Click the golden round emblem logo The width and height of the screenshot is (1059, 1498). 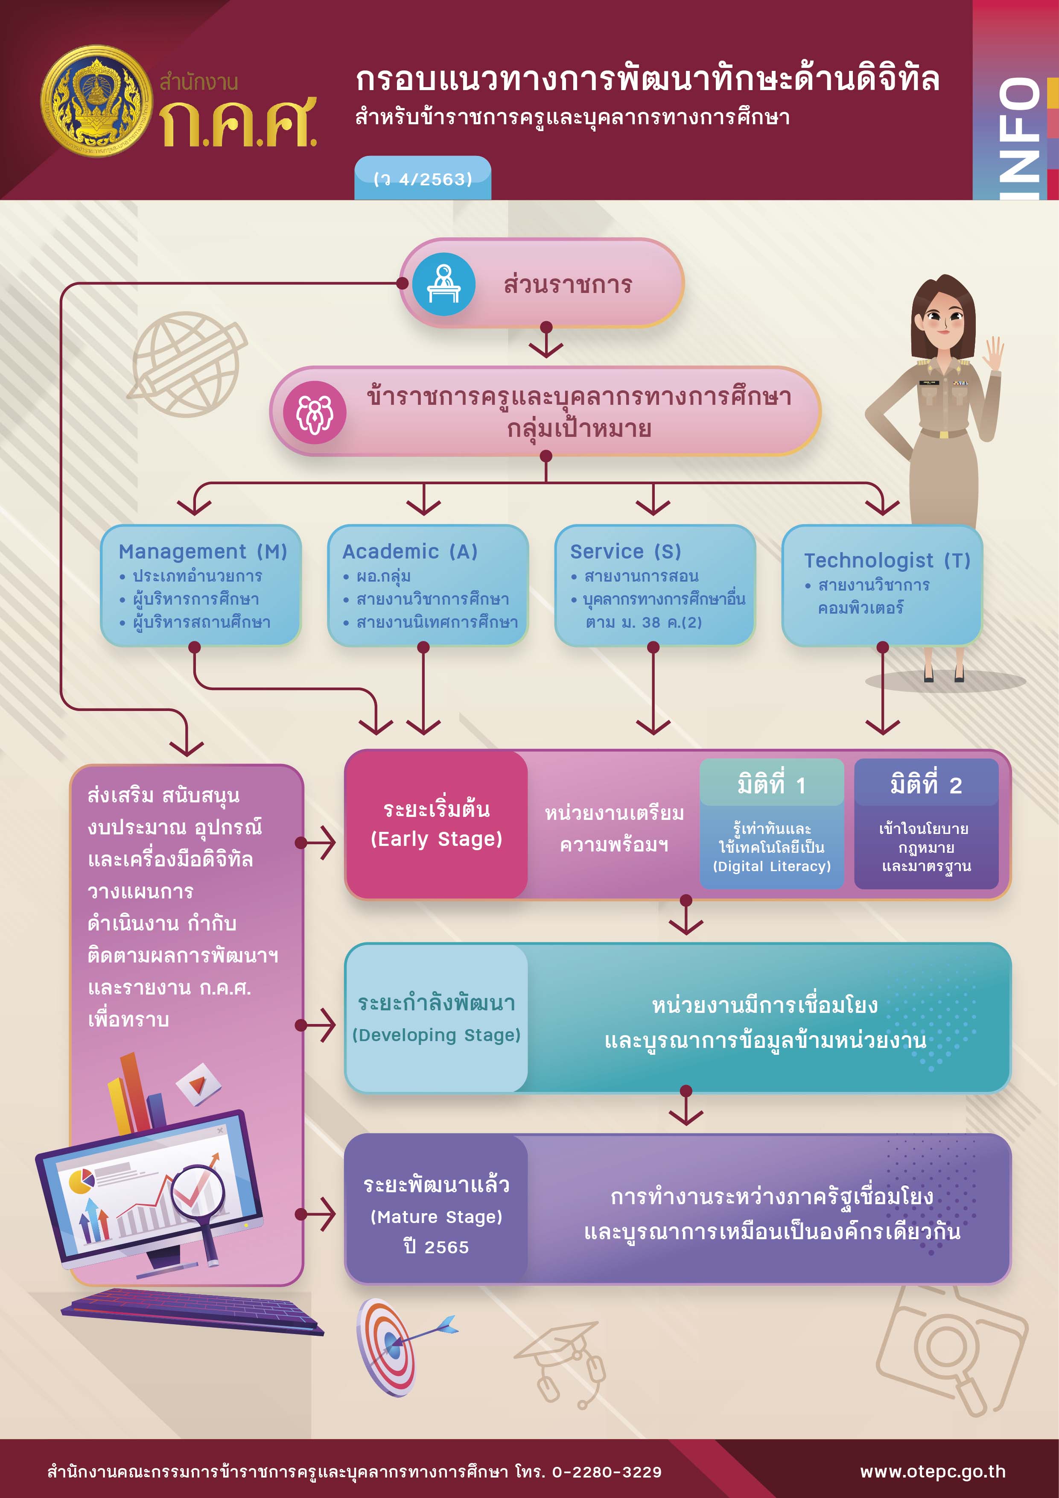coord(96,101)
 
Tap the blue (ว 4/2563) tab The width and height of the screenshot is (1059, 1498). coord(423,178)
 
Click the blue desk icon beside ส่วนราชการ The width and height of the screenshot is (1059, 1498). coord(444,284)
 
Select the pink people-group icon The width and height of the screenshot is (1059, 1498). coord(315,413)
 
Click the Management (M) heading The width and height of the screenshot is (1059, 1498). coord(203,552)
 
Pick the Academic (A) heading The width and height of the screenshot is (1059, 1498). coord(410,552)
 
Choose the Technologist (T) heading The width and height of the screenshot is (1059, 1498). coord(887,560)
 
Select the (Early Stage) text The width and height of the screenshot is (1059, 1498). coord(436,839)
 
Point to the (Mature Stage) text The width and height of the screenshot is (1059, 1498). coord(436,1217)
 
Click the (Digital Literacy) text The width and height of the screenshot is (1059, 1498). coord(771,866)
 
